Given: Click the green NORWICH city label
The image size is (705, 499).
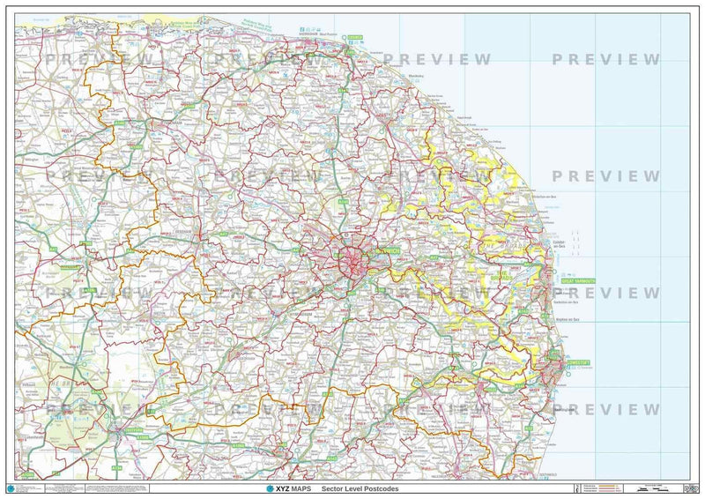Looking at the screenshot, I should [x=388, y=252].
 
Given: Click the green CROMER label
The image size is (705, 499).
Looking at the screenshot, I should [x=354, y=38].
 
